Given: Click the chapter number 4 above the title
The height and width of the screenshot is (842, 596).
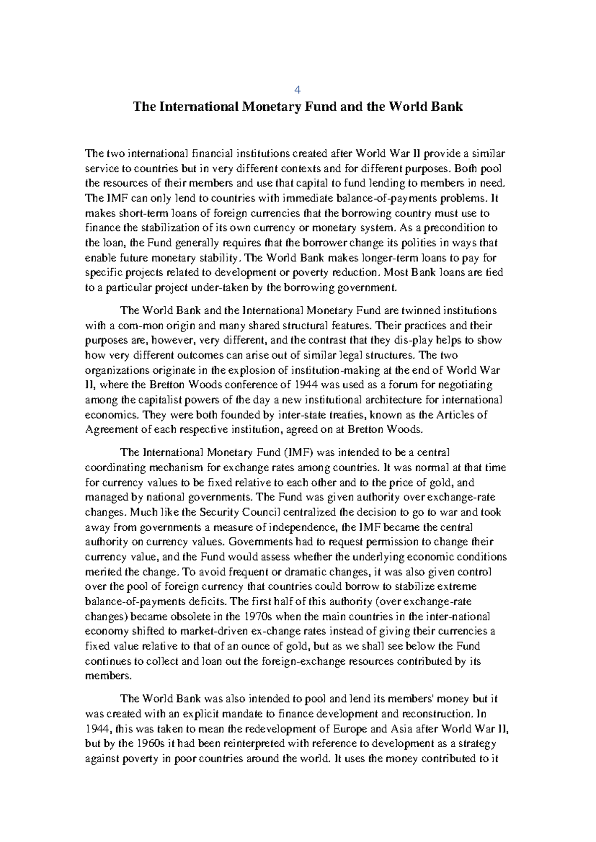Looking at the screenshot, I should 298,90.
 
